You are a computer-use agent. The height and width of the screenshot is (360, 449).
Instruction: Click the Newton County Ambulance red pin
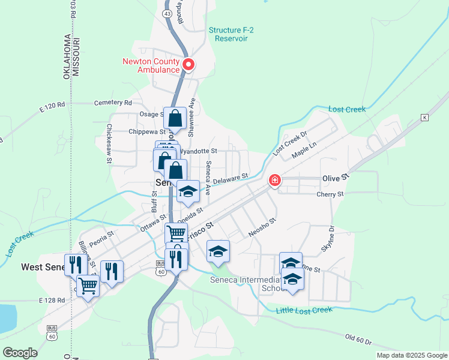point(188,64)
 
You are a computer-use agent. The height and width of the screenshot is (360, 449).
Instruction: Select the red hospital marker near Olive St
point(275,180)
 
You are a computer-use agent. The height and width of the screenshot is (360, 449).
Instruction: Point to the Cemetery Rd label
point(112,103)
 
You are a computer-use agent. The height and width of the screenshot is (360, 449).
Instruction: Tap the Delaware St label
point(230,179)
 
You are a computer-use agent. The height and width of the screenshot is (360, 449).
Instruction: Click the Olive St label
point(336,178)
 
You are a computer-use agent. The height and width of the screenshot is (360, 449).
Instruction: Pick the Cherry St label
point(331,194)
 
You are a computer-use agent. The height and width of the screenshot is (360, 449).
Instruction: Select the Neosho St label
point(263,225)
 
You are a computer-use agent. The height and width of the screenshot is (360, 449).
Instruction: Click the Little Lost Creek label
point(304,310)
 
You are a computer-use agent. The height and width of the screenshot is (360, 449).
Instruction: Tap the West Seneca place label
point(45,266)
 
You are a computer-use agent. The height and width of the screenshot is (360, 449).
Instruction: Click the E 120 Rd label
point(52,107)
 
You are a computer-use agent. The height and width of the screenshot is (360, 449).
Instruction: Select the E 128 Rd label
point(51,300)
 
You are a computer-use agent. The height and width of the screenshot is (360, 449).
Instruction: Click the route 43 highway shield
point(167,13)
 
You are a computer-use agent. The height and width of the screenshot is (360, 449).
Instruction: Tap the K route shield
point(425,117)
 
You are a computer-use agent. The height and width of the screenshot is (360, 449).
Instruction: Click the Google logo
point(20,352)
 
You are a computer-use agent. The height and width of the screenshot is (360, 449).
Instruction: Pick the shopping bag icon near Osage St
point(175,118)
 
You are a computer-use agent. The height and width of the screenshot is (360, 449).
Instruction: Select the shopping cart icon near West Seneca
point(88,286)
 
